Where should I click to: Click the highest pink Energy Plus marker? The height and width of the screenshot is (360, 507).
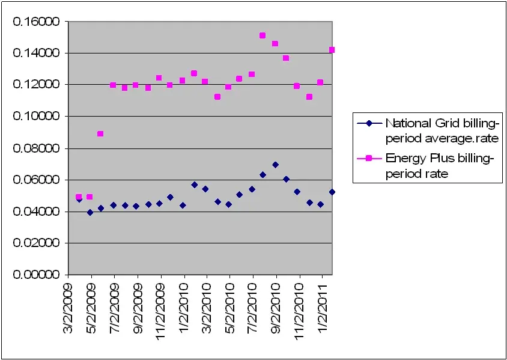tap(263, 35)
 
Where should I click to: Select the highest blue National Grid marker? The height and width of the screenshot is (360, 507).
tap(275, 165)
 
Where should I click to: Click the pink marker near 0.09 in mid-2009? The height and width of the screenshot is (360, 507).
tap(100, 133)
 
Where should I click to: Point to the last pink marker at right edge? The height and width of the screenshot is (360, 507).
tap(332, 50)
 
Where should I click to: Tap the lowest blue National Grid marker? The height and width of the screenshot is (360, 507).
tap(90, 212)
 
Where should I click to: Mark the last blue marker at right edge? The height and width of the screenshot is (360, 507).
tap(332, 192)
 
